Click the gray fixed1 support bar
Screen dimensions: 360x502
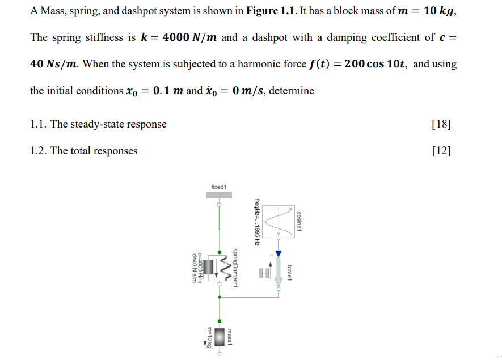pos(218,195)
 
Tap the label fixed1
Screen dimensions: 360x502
pos(218,187)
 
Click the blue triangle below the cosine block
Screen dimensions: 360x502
pos(278,253)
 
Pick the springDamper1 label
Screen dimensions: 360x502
pos(237,267)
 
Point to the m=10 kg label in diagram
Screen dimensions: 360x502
pos(209,338)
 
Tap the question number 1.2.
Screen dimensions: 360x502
pos(38,151)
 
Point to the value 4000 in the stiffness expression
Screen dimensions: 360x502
pos(175,37)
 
